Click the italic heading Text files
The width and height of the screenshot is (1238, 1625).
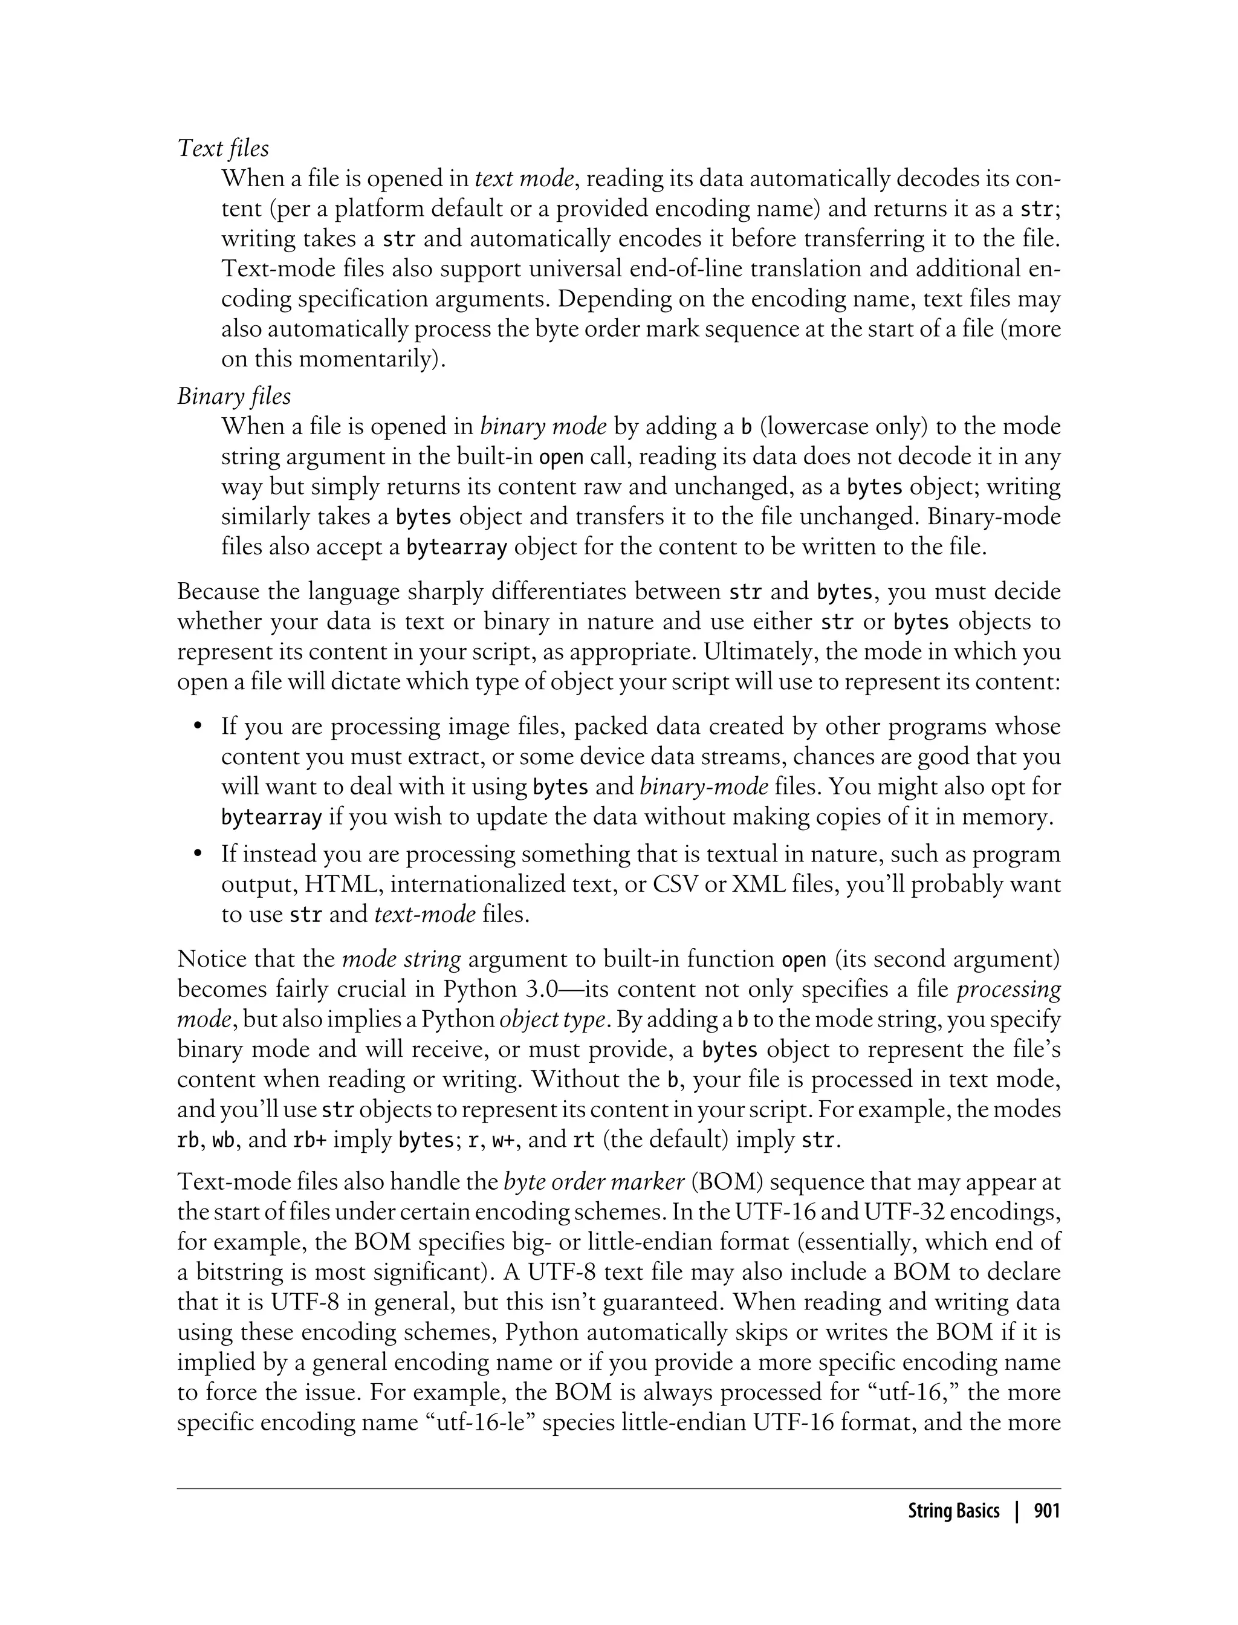point(223,148)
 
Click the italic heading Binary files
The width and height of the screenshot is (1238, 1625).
point(233,397)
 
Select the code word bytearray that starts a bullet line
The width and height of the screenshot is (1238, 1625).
point(271,818)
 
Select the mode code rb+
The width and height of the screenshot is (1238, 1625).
point(309,1141)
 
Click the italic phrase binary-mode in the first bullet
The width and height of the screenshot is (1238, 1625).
point(704,787)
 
